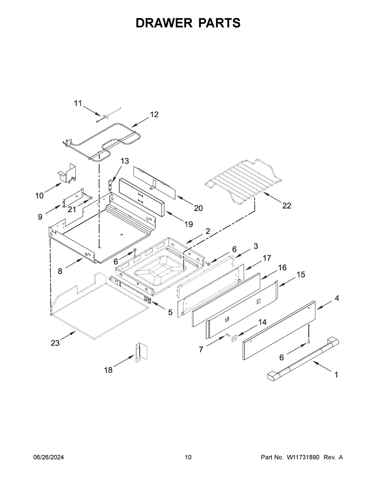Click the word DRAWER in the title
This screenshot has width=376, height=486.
(163, 23)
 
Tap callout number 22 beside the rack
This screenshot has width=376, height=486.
(286, 206)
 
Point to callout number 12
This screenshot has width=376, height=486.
(154, 115)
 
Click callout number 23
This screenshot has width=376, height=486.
(55, 343)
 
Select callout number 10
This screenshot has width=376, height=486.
(39, 196)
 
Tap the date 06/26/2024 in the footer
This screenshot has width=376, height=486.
(49, 458)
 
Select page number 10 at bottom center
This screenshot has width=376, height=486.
(188, 458)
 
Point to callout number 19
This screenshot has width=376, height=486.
(189, 224)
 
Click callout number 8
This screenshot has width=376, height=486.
(60, 271)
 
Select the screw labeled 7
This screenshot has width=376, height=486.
(227, 335)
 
